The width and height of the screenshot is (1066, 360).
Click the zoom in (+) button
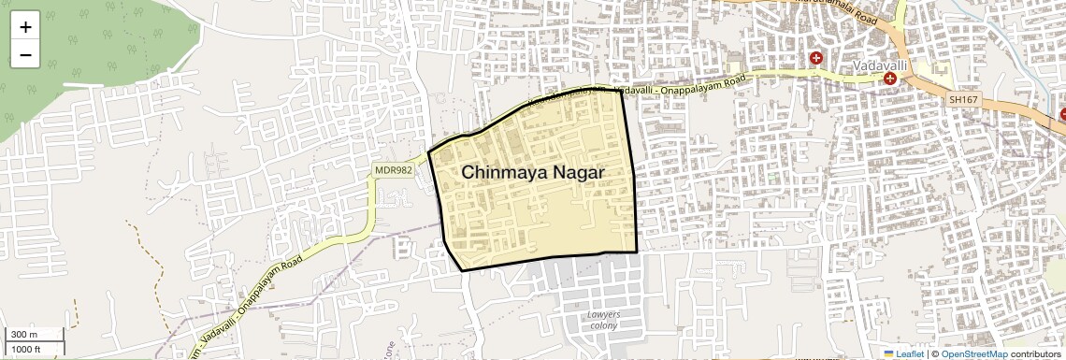point(25,28)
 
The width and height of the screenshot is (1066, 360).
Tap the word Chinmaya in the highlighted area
point(501,173)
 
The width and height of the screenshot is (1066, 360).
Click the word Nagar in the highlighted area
point(577,174)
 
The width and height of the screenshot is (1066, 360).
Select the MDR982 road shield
point(394,169)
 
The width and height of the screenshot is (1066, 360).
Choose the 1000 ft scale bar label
point(27,349)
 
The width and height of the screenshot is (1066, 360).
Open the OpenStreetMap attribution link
point(974,353)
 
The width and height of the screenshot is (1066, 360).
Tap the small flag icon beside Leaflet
point(888,353)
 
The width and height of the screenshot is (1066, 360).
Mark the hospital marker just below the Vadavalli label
point(889,79)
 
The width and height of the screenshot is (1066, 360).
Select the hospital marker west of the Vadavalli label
point(816,58)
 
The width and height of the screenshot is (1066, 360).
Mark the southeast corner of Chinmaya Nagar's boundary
point(637,252)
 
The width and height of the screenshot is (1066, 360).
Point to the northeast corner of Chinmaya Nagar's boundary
point(622,91)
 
